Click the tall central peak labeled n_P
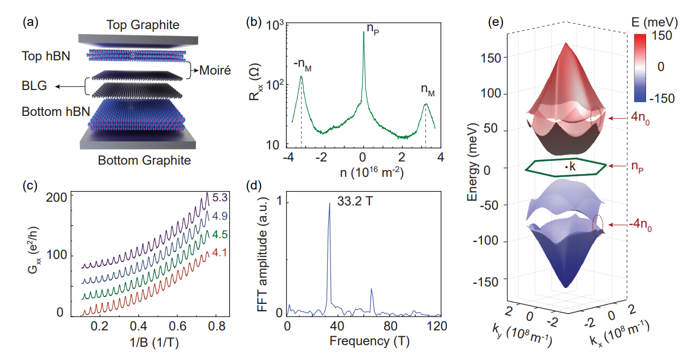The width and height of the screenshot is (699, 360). [363, 32]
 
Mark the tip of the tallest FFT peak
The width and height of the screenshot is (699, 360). [330, 203]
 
